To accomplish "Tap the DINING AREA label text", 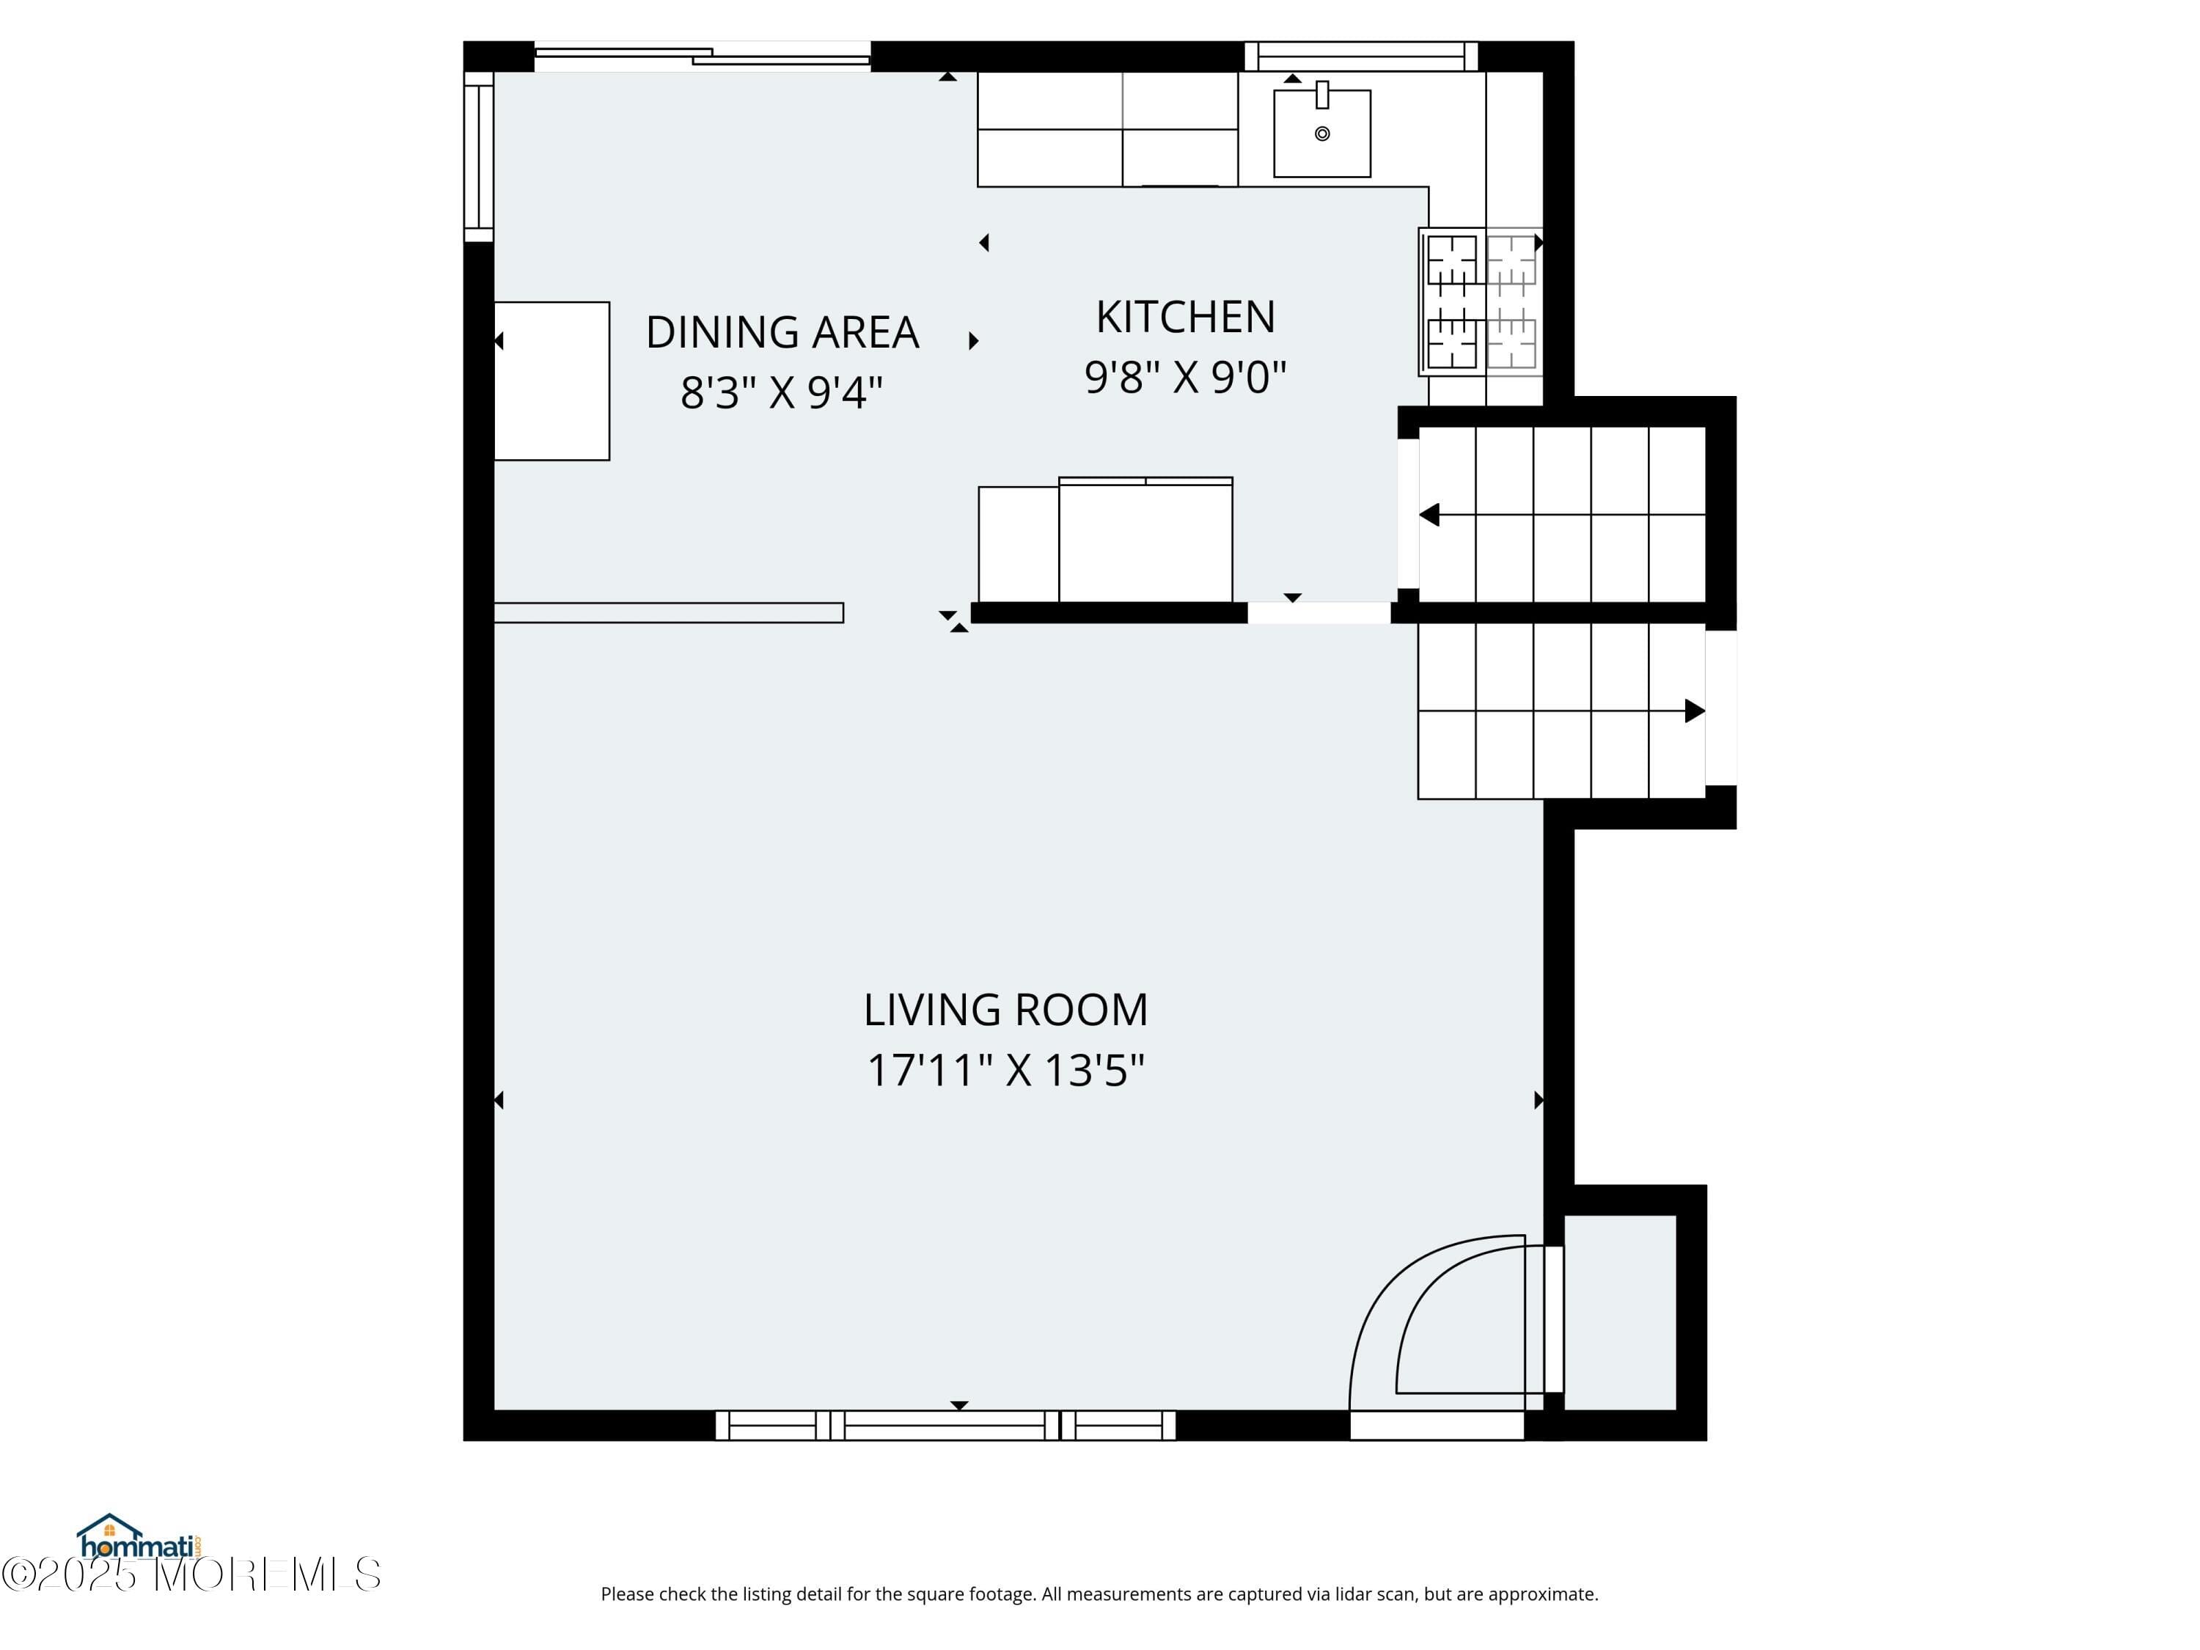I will coord(782,332).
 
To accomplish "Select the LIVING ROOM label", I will coord(1005,1011).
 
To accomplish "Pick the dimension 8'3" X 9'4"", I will coord(782,393).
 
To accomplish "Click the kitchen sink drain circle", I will coord(1321,133).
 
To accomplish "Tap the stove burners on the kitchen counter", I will coord(1481,302).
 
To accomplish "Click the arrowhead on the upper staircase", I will coord(1430,516).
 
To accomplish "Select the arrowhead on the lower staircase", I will coord(1694,711).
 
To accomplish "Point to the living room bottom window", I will coord(945,1425).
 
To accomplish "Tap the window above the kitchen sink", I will coord(1360,56).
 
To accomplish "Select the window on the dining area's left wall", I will coord(478,162).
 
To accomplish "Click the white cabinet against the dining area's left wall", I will coord(552,381).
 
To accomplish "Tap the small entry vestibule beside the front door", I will coord(1620,1313).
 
